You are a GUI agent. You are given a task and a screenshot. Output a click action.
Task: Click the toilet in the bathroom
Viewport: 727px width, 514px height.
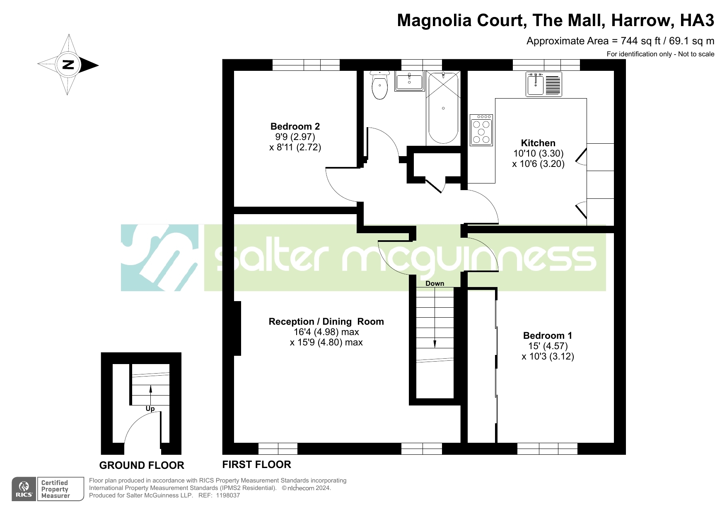coord(380,85)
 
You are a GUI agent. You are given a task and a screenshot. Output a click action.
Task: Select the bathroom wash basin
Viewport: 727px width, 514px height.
coord(409,81)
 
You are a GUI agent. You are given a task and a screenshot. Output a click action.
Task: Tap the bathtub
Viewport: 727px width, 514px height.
coord(443,108)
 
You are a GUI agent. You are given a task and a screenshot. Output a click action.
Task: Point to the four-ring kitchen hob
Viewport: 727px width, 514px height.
coord(481,130)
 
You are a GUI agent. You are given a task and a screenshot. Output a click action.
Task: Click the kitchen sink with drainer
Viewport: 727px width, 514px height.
coord(544,84)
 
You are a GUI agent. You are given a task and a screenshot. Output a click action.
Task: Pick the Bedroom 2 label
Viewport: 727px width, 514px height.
coord(295,126)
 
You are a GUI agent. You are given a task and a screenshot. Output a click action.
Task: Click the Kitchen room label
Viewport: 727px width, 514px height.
coord(538,143)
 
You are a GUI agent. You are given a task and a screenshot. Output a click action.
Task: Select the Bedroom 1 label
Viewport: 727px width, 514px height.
coord(548,335)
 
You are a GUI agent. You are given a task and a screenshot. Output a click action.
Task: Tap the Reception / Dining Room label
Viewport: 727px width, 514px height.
coord(326,321)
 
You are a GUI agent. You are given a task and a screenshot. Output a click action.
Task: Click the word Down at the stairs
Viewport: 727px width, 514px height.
coord(435,283)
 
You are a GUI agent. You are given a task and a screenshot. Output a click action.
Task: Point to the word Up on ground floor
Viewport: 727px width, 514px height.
coord(150,409)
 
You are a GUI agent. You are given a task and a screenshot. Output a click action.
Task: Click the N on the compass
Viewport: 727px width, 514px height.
coord(68,65)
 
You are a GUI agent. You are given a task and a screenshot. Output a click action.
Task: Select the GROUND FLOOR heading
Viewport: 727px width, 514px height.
coord(142,465)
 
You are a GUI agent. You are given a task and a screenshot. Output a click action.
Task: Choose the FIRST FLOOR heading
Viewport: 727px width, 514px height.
coord(257,464)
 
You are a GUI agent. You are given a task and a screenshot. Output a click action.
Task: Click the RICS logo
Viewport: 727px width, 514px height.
coord(24,489)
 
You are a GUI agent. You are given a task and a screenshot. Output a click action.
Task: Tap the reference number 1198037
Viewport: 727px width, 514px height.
coord(228,495)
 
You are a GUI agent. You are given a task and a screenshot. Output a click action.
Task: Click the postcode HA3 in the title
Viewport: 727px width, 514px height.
coord(698,20)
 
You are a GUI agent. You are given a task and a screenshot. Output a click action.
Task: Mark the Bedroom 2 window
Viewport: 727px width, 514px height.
coord(306,65)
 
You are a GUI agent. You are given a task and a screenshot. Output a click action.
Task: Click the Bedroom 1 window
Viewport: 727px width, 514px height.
coord(547,449)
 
